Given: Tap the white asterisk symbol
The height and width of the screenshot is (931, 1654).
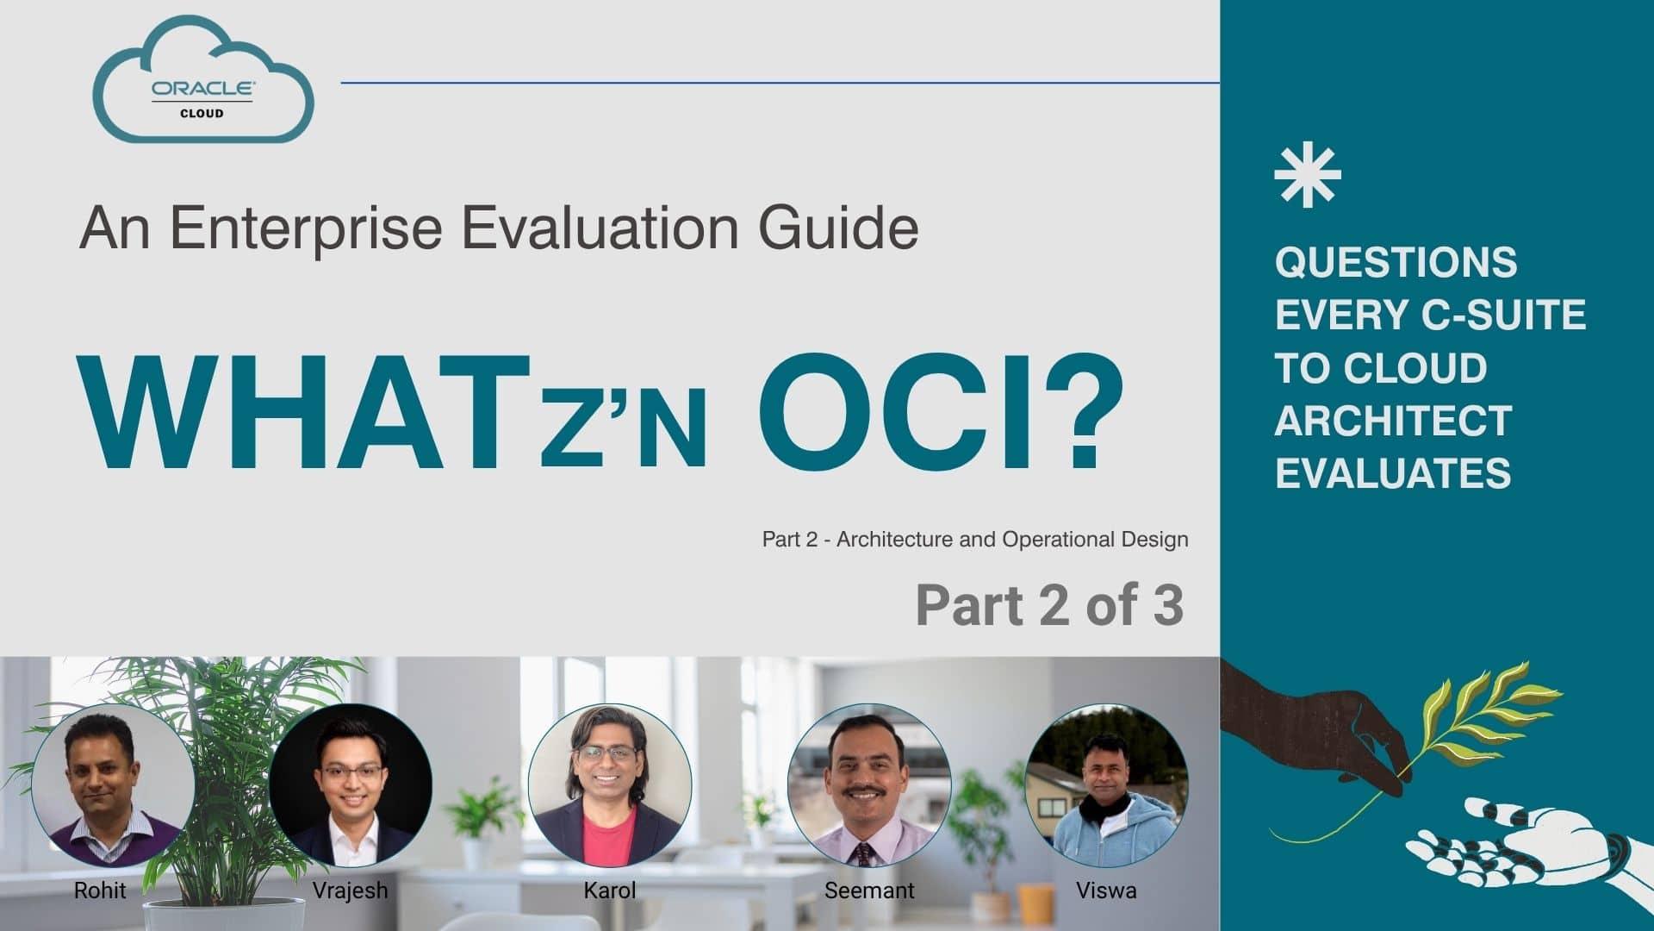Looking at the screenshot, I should pos(1307,174).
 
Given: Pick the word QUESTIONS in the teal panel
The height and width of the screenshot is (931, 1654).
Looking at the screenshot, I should pos(1396,262).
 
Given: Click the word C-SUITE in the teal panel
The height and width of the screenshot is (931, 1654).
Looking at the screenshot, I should pos(1503,315).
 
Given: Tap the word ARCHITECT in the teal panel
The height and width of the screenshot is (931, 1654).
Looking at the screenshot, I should pos(1393,421).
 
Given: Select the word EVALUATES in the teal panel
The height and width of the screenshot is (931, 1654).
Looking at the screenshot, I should pos(1393,473).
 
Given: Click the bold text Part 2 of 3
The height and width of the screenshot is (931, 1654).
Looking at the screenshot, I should pos(1049,605).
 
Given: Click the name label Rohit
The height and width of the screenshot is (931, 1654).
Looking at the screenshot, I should pos(100,890).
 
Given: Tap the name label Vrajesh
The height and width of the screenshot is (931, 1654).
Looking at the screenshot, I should pos(350,890).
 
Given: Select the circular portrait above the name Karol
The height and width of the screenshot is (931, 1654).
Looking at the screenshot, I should pos(609,785).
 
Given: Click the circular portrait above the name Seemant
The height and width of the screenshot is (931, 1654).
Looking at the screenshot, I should pos(868,785).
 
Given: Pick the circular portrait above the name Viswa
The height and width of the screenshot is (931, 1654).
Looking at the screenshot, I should pos(1106,785).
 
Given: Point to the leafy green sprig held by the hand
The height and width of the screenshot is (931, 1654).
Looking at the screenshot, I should pos(1482,715).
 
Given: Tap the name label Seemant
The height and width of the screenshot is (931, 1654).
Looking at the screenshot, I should pos(868,890).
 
